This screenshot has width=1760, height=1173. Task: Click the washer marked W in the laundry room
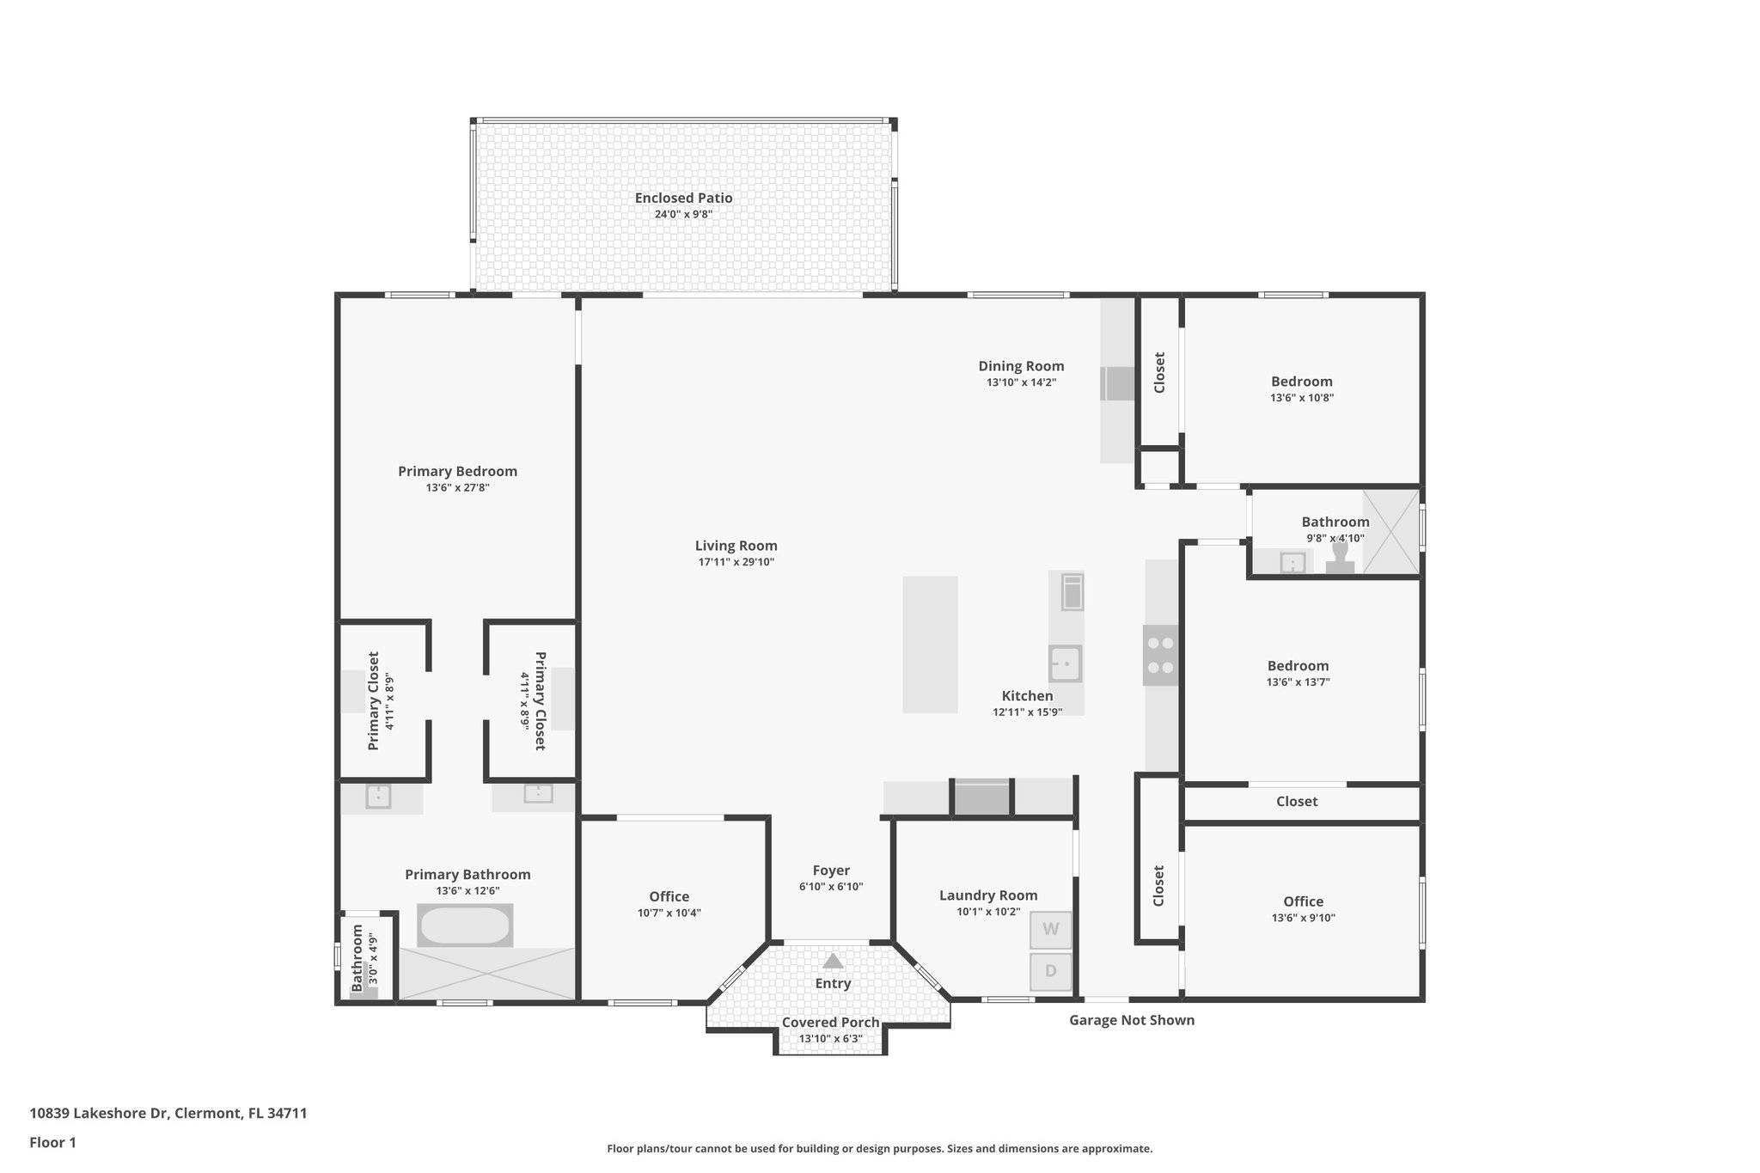point(1050,930)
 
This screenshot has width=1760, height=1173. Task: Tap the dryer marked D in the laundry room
point(1050,972)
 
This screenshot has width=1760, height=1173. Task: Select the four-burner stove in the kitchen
point(1160,655)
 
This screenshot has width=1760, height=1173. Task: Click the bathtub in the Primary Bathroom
point(465,926)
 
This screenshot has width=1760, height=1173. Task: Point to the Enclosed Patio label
point(683,198)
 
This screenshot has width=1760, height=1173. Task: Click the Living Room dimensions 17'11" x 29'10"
point(736,562)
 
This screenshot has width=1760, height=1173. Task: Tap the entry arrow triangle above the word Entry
point(833,961)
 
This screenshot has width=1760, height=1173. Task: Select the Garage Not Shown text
point(1131,1020)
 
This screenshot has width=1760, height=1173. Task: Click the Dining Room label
point(1021,366)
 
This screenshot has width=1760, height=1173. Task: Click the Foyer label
point(831,871)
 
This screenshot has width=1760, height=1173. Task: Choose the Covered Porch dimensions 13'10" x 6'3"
point(830,1038)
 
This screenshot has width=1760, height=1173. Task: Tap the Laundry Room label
point(988,895)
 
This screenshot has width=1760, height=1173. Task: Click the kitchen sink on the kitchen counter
point(1066,663)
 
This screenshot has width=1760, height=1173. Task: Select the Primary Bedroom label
point(457,471)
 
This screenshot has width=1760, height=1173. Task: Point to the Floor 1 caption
point(52,1142)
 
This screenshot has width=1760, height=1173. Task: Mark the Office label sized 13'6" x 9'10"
point(1303,901)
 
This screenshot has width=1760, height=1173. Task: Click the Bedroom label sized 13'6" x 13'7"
point(1298,666)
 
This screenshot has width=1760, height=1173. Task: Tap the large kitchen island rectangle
point(930,645)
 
